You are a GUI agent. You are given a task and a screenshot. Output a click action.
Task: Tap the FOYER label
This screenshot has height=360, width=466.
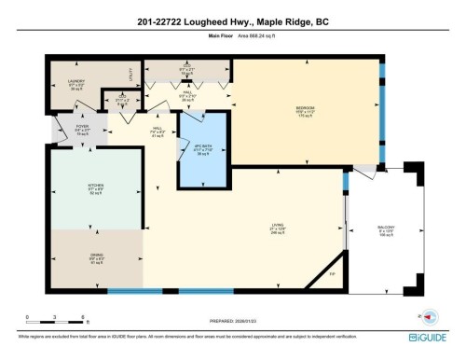tap(66, 129)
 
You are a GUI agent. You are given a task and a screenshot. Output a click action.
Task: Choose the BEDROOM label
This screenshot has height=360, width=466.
tap(306, 110)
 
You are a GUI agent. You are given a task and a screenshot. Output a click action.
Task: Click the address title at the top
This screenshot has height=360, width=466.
tap(233, 21)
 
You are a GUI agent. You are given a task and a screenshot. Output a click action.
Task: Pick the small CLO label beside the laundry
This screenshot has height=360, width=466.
tap(121, 97)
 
